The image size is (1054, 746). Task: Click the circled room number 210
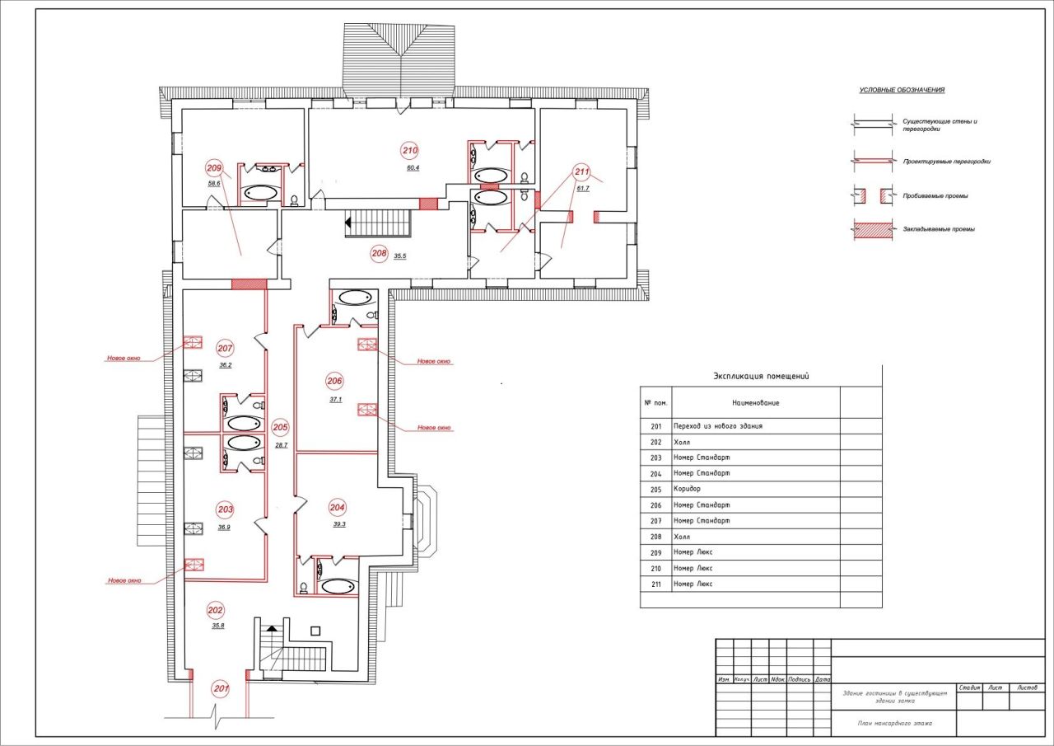pos(409,151)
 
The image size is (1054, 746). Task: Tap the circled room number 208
pos(379,254)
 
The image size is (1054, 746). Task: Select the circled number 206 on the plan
pos(334,382)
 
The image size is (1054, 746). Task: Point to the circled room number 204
pos(337,507)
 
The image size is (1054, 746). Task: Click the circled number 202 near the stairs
pos(216,611)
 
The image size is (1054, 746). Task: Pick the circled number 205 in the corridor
pos(281,427)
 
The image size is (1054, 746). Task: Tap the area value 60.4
pos(413,168)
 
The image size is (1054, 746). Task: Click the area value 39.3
pos(338,523)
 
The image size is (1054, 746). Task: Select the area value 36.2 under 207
pos(226,365)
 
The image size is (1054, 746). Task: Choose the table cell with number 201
pos(655,426)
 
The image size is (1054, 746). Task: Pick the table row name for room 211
pos(693,584)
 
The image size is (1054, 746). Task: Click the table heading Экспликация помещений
pos(761,377)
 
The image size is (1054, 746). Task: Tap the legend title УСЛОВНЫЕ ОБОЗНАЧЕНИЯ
pos(902,90)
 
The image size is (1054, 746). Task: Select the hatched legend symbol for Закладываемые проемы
pos(873,229)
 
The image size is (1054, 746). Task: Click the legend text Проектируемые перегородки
pos(946,162)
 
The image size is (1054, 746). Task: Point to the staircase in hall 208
pos(377,223)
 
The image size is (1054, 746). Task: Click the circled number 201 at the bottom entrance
pos(220,688)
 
